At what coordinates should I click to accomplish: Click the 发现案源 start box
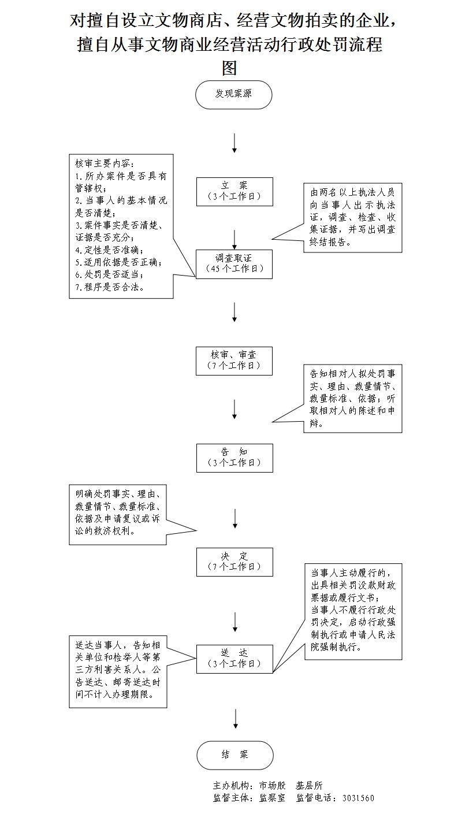point(233,94)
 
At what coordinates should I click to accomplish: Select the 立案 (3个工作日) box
point(234,191)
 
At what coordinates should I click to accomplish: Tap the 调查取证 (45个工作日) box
point(234,264)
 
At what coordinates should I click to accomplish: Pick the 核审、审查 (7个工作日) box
point(234,361)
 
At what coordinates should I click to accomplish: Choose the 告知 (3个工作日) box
point(234,458)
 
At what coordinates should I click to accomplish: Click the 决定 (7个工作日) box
point(234,562)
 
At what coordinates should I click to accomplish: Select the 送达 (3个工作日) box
point(234,659)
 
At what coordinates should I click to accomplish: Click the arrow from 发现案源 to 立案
point(234,143)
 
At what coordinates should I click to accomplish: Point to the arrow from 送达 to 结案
point(235,718)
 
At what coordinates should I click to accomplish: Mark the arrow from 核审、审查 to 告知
point(234,408)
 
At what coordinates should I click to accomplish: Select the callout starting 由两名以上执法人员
point(353,217)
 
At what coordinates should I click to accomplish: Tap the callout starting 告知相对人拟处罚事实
point(353,399)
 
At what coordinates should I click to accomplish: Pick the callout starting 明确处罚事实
point(118,514)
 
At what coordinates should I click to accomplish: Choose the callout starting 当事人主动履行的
point(353,611)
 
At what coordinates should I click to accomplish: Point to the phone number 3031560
point(358,798)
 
